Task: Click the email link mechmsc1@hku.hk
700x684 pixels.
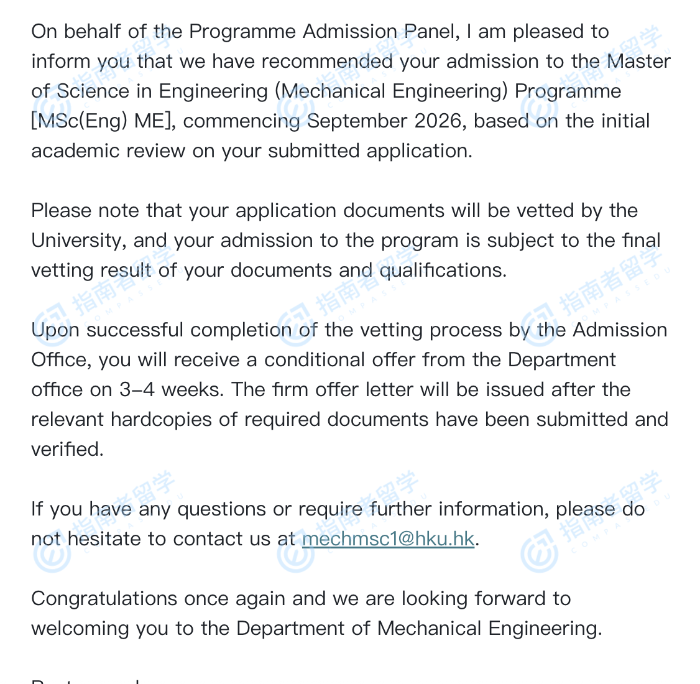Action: (388, 539)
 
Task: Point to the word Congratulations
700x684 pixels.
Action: (104, 599)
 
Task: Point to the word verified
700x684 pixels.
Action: (67, 450)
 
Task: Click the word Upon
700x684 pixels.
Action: (55, 330)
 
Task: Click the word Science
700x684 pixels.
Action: (93, 91)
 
